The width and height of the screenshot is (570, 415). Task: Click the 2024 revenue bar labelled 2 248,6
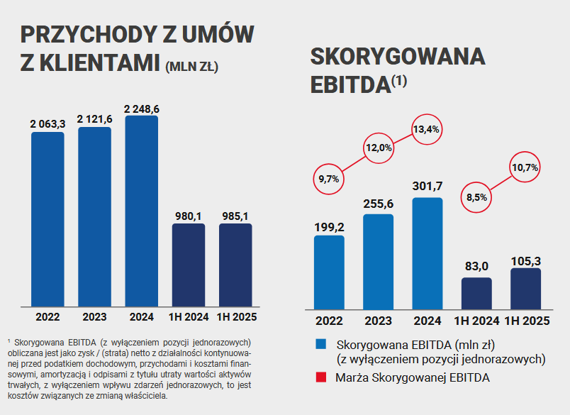[x=141, y=211]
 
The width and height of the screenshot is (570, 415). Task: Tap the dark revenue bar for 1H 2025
[x=235, y=265]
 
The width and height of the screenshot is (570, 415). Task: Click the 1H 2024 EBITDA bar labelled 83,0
[x=476, y=292]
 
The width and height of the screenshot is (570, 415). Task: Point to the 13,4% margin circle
[x=427, y=129]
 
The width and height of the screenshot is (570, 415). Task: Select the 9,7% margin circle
[x=329, y=179]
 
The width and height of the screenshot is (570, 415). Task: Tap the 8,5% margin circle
[x=476, y=198]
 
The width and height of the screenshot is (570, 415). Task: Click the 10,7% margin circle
[x=525, y=167]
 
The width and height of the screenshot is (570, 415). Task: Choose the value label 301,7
[x=427, y=187]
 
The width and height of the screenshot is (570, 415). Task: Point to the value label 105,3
[x=525, y=260]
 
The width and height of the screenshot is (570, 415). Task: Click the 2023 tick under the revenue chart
[x=94, y=316]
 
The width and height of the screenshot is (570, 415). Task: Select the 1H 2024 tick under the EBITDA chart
[x=476, y=321]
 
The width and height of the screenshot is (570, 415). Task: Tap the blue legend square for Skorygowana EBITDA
[x=321, y=345]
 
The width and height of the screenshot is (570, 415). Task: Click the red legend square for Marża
[x=321, y=377]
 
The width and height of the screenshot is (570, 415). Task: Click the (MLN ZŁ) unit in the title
[x=191, y=67]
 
